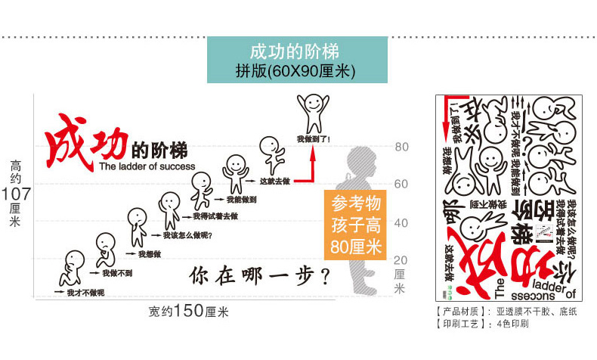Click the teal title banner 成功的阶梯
tap(297, 61)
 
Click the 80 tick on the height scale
tap(401, 147)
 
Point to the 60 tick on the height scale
tap(401, 185)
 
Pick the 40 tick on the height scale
tap(401, 223)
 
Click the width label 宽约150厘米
tap(188, 311)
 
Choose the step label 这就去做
tap(274, 181)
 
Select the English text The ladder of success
tap(147, 166)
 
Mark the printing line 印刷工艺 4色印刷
tap(484, 323)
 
